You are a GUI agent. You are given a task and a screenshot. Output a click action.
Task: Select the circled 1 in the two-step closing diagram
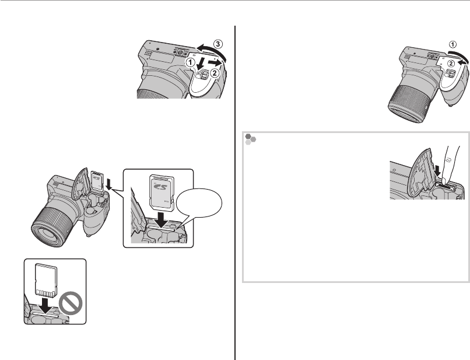coord(453,43)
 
